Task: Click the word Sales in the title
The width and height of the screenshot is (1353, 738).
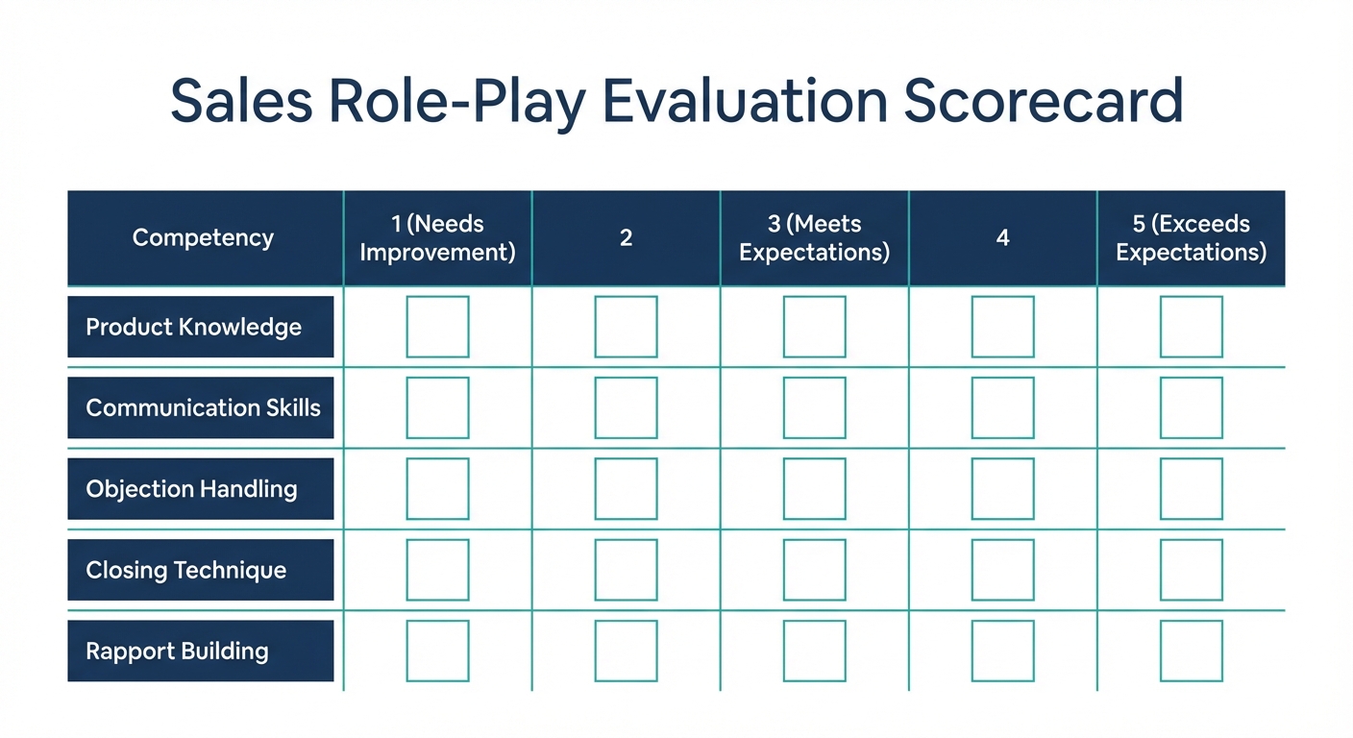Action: (241, 101)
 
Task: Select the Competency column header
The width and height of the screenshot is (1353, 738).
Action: (203, 238)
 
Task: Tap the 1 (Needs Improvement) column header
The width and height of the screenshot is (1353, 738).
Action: (437, 238)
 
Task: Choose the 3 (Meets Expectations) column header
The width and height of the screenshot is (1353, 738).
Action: (814, 238)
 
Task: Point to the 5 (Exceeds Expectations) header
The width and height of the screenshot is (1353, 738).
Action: (1191, 238)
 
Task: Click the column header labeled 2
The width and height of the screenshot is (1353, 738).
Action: (626, 238)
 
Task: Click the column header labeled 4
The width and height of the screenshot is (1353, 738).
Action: (1002, 238)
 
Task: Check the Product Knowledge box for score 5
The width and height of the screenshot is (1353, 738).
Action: (1191, 327)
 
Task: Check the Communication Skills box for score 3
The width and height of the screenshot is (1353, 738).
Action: (814, 407)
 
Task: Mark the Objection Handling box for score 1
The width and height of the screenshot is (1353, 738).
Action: (437, 489)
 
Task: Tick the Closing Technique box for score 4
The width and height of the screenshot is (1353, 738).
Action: (1002, 570)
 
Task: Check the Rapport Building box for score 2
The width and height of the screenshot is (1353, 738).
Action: (626, 651)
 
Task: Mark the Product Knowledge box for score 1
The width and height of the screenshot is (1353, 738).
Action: (437, 327)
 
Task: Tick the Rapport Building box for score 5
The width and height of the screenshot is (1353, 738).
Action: (1191, 651)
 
